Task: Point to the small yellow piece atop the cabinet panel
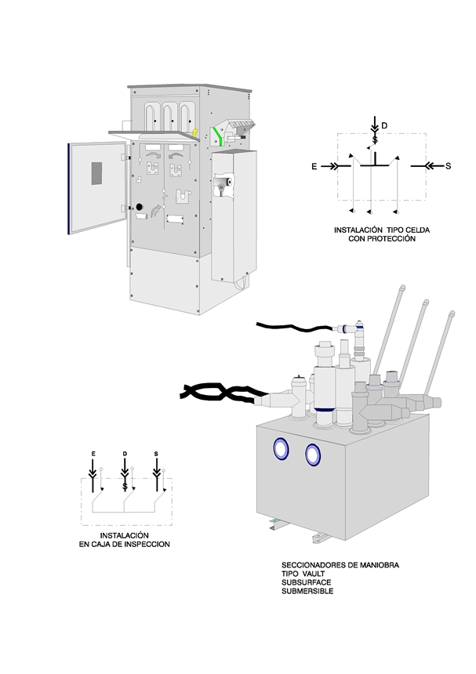(x=195, y=133)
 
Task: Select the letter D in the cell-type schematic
(x=384, y=125)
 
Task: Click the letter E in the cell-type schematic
(x=314, y=167)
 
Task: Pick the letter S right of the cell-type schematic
(x=449, y=166)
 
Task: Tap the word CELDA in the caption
(x=414, y=230)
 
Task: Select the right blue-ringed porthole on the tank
(x=313, y=453)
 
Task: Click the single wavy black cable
(x=294, y=327)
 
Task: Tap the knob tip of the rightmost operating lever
(x=452, y=315)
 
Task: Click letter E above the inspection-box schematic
(x=93, y=455)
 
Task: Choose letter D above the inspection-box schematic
(x=125, y=455)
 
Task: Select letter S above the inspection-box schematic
(x=156, y=455)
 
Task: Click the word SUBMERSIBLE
(x=307, y=592)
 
